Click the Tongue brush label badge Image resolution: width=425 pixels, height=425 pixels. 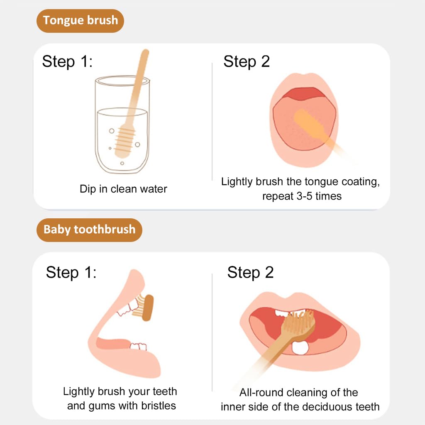[80, 21]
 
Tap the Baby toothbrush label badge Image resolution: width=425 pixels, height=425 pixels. [89, 230]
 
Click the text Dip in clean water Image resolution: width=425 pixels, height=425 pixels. [123, 189]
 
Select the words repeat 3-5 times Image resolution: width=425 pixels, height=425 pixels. [302, 196]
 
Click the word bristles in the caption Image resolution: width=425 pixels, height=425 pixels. [159, 405]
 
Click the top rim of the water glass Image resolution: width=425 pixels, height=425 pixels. [122, 81]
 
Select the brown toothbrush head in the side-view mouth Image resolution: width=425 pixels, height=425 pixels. [148, 308]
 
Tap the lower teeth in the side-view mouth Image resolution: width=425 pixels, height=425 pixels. [138, 347]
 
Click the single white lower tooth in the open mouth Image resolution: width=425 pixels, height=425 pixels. [300, 348]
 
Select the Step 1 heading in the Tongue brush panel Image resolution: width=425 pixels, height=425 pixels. [67, 61]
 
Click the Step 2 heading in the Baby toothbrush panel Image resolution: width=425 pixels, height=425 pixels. [250, 272]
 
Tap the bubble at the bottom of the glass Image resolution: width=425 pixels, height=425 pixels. [122, 163]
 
